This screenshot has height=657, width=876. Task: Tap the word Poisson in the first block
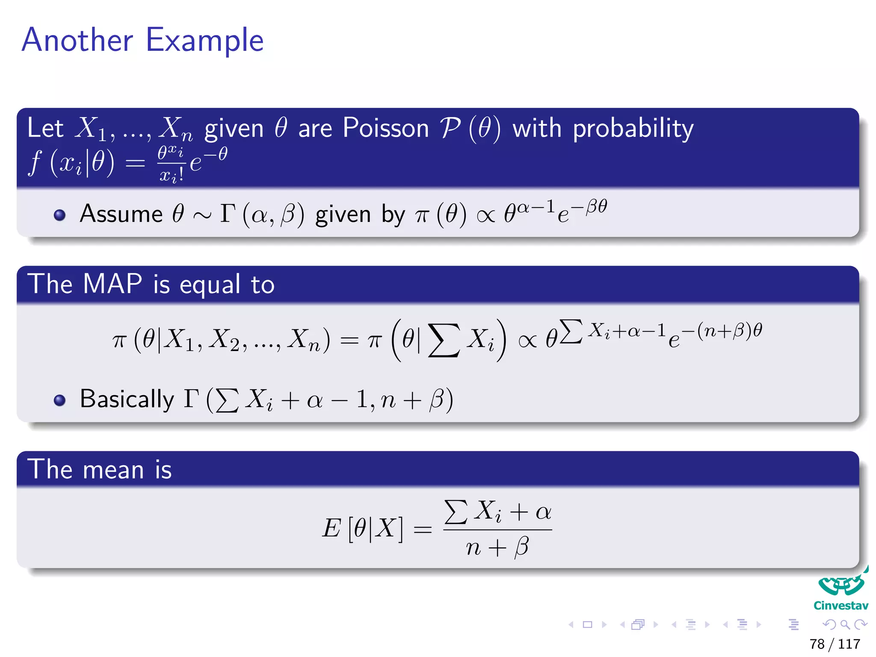385,128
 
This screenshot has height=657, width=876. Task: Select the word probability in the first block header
633,129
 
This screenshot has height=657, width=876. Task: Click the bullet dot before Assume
60,214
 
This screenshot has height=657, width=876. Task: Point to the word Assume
121,214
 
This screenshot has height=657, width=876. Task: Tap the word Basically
127,400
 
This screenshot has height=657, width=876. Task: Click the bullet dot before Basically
60,400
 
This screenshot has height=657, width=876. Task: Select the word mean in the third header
113,470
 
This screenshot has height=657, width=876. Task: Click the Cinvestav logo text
840,606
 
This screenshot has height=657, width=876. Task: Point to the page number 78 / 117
835,644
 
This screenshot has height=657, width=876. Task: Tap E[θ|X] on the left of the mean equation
362,528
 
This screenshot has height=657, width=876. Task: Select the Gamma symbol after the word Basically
192,399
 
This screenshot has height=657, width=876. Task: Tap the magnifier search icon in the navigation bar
845,625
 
